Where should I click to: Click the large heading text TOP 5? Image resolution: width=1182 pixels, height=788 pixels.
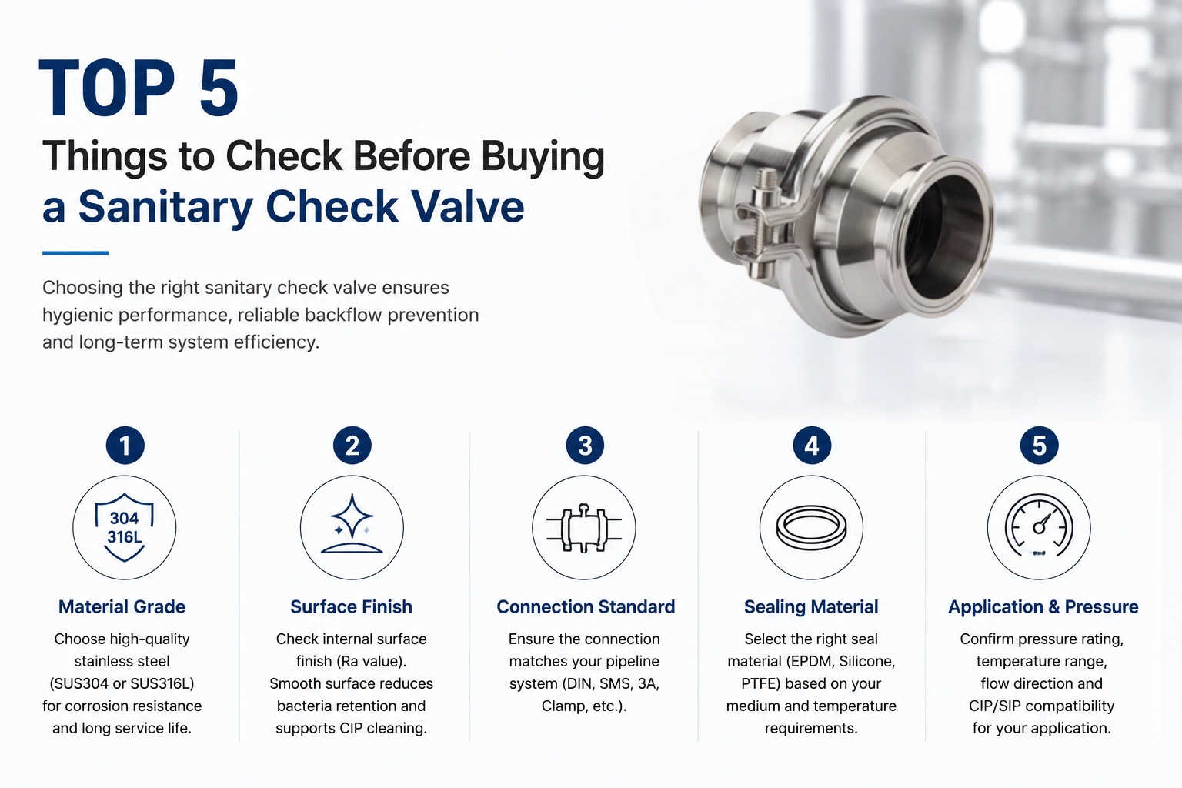[139, 88]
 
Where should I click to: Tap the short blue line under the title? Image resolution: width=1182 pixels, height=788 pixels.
[75, 253]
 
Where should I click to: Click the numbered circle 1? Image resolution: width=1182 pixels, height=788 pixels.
[125, 446]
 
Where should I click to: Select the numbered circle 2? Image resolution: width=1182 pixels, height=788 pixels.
[352, 446]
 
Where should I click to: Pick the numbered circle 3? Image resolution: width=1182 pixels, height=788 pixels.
[585, 446]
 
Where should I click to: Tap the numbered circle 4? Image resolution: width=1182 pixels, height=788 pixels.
[812, 446]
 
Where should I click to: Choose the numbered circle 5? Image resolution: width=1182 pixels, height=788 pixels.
[1039, 446]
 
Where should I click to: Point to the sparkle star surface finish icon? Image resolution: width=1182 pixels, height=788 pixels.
[352, 523]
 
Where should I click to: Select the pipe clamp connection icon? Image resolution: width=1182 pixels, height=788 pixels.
[584, 528]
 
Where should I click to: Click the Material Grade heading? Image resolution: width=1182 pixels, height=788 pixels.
[122, 607]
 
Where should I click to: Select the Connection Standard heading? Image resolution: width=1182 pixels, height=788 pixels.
[586, 607]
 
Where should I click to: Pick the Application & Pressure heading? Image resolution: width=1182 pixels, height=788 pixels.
[1043, 607]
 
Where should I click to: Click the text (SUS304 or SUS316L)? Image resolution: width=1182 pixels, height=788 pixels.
[122, 683]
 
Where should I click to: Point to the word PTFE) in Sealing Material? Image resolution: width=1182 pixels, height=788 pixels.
[760, 683]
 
